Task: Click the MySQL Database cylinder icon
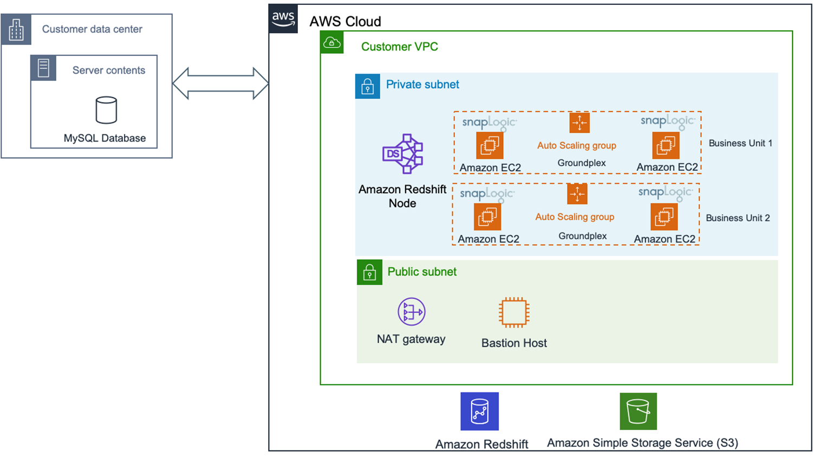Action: pos(106,110)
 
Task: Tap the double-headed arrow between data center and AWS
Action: pos(220,83)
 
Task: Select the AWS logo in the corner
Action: pos(283,19)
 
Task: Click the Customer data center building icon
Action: pos(16,30)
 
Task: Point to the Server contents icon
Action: pos(43,68)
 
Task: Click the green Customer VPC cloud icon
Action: pos(332,43)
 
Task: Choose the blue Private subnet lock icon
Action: pos(367,86)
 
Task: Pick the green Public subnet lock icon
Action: pos(369,272)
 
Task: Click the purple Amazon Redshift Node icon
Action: pos(402,154)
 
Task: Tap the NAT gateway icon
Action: pos(411,312)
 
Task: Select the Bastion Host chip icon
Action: pos(513,312)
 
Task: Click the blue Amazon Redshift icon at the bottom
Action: pos(479,411)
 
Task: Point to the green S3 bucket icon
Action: pos(638,411)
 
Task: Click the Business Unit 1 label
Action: pos(740,143)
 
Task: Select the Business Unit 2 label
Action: pos(737,218)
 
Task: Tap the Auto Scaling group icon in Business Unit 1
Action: pos(580,123)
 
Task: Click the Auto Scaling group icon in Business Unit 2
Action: pos(577,194)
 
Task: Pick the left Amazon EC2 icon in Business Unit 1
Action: pos(490,145)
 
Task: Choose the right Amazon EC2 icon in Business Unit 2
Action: pos(664,217)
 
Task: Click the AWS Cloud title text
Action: pos(345,22)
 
